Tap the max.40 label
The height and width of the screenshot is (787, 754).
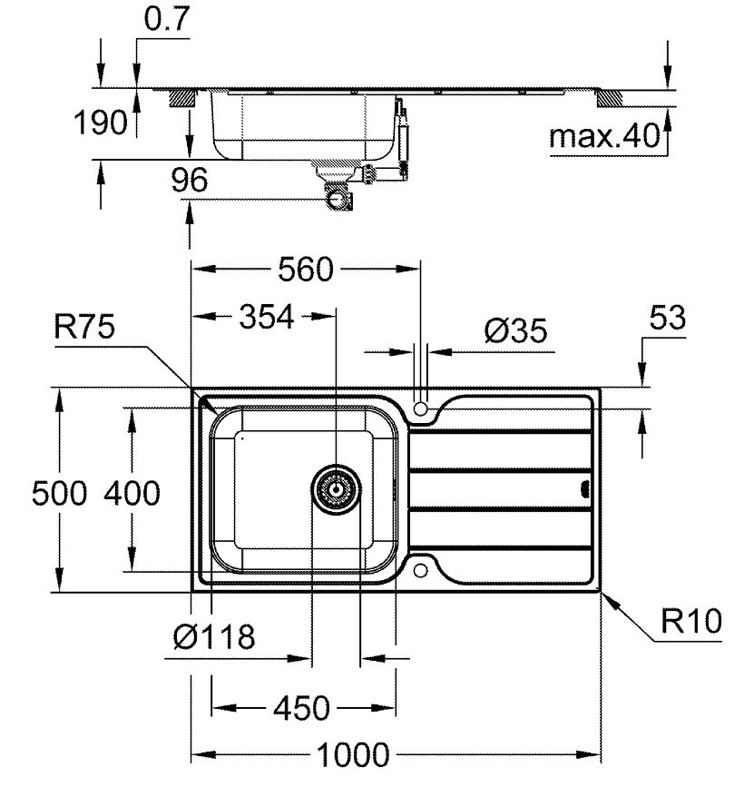604,137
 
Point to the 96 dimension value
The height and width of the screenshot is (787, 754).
189,181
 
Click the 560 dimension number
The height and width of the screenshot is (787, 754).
308,270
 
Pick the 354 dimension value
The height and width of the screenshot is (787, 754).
267,317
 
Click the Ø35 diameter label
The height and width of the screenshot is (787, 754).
515,332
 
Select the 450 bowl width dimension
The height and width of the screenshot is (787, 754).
303,707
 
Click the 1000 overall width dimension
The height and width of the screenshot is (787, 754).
354,754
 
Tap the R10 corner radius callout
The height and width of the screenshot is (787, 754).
691,622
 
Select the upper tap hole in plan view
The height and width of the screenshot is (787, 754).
421,409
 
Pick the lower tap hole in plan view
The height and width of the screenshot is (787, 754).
421,570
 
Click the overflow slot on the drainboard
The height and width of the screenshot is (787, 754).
583,490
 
